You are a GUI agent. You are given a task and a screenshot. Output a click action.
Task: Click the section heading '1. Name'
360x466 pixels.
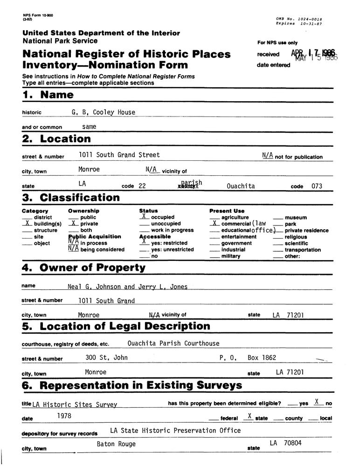pyautogui.click(x=48, y=95)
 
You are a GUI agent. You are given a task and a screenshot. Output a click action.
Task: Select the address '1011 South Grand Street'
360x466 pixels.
pyautogui.click(x=119, y=155)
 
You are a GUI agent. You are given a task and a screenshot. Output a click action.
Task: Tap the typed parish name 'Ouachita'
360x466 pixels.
pyautogui.click(x=241, y=186)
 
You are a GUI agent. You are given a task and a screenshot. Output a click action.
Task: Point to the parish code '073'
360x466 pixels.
pyautogui.click(x=317, y=186)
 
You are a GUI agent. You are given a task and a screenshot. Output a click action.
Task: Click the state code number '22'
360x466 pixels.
pyautogui.click(x=142, y=186)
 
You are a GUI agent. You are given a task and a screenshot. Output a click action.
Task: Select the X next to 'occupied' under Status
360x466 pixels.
pyautogui.click(x=144, y=217)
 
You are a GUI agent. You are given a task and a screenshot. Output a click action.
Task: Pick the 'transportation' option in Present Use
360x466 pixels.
pyautogui.click(x=303, y=250)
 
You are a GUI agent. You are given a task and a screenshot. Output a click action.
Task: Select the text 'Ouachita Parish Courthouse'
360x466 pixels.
pyautogui.click(x=173, y=343)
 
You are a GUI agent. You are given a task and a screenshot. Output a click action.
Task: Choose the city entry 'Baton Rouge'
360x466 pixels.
pyautogui.click(x=116, y=444)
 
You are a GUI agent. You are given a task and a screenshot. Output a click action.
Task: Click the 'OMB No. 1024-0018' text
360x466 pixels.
pyautogui.click(x=299, y=19)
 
